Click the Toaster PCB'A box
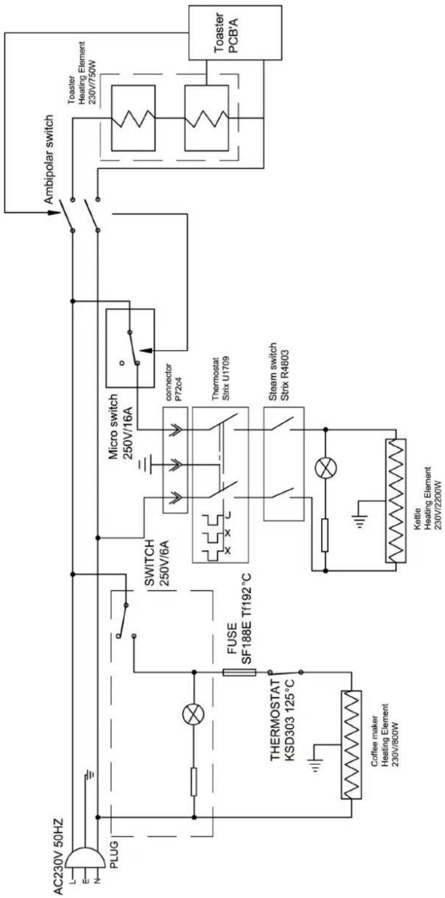point(226,32)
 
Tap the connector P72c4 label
point(173,385)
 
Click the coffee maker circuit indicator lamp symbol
point(194,715)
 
